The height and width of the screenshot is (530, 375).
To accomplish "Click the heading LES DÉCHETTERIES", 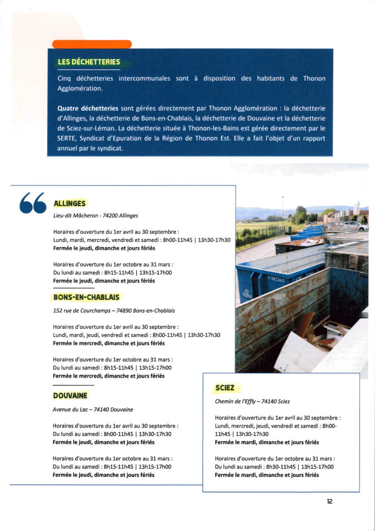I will coord(89,63).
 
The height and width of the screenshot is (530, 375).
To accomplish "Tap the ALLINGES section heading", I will coord(70,204).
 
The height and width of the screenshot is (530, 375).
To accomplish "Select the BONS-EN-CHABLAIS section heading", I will coord(86,297).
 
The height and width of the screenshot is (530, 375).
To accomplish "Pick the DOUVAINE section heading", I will coord(70,396).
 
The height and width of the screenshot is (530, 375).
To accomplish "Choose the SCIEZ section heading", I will coord(225,388).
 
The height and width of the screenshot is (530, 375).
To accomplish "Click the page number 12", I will coord(329,501).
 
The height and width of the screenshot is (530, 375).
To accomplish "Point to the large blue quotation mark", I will coord(33,204).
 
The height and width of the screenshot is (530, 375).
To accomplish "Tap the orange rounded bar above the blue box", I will coord(92,44).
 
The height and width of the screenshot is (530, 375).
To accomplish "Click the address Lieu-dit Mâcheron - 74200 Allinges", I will coord(96,216).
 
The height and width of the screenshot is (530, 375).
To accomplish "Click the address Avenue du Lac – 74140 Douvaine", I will coord(93,410).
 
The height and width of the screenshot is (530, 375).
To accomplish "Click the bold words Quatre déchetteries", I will coord(88,108).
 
